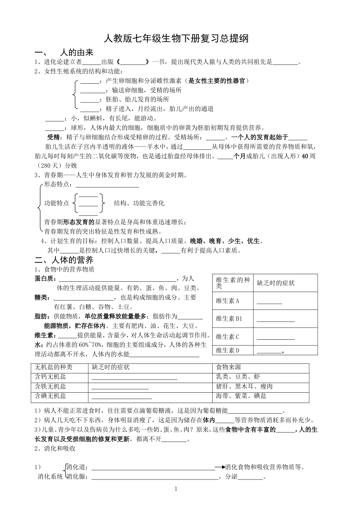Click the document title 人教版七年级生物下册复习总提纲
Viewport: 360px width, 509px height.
[176, 38]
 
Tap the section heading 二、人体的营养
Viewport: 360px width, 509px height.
[64, 260]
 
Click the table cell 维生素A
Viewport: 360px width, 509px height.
[227, 301]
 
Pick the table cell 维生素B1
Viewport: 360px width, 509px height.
[229, 319]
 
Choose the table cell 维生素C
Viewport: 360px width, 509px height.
[227, 337]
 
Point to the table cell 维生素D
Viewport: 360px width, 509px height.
[227, 350]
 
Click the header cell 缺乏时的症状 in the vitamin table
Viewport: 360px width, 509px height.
[275, 283]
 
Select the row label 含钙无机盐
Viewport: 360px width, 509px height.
[50, 376]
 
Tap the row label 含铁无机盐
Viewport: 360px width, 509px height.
[50, 387]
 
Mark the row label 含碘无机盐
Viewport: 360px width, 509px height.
[50, 396]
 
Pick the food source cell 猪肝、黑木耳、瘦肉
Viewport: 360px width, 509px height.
[244, 387]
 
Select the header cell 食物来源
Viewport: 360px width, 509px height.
[228, 367]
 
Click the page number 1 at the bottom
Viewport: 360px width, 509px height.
[176, 489]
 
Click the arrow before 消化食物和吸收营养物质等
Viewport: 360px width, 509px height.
[220, 467]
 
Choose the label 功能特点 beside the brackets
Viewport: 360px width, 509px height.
[57, 203]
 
